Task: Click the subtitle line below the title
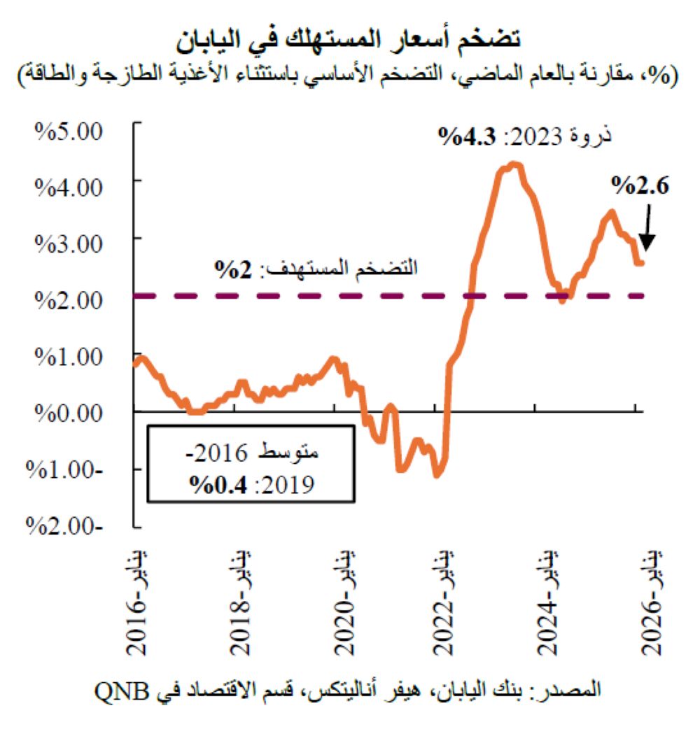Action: point(349,73)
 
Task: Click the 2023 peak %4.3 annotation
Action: point(525,135)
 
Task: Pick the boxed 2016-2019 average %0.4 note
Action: point(251,463)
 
